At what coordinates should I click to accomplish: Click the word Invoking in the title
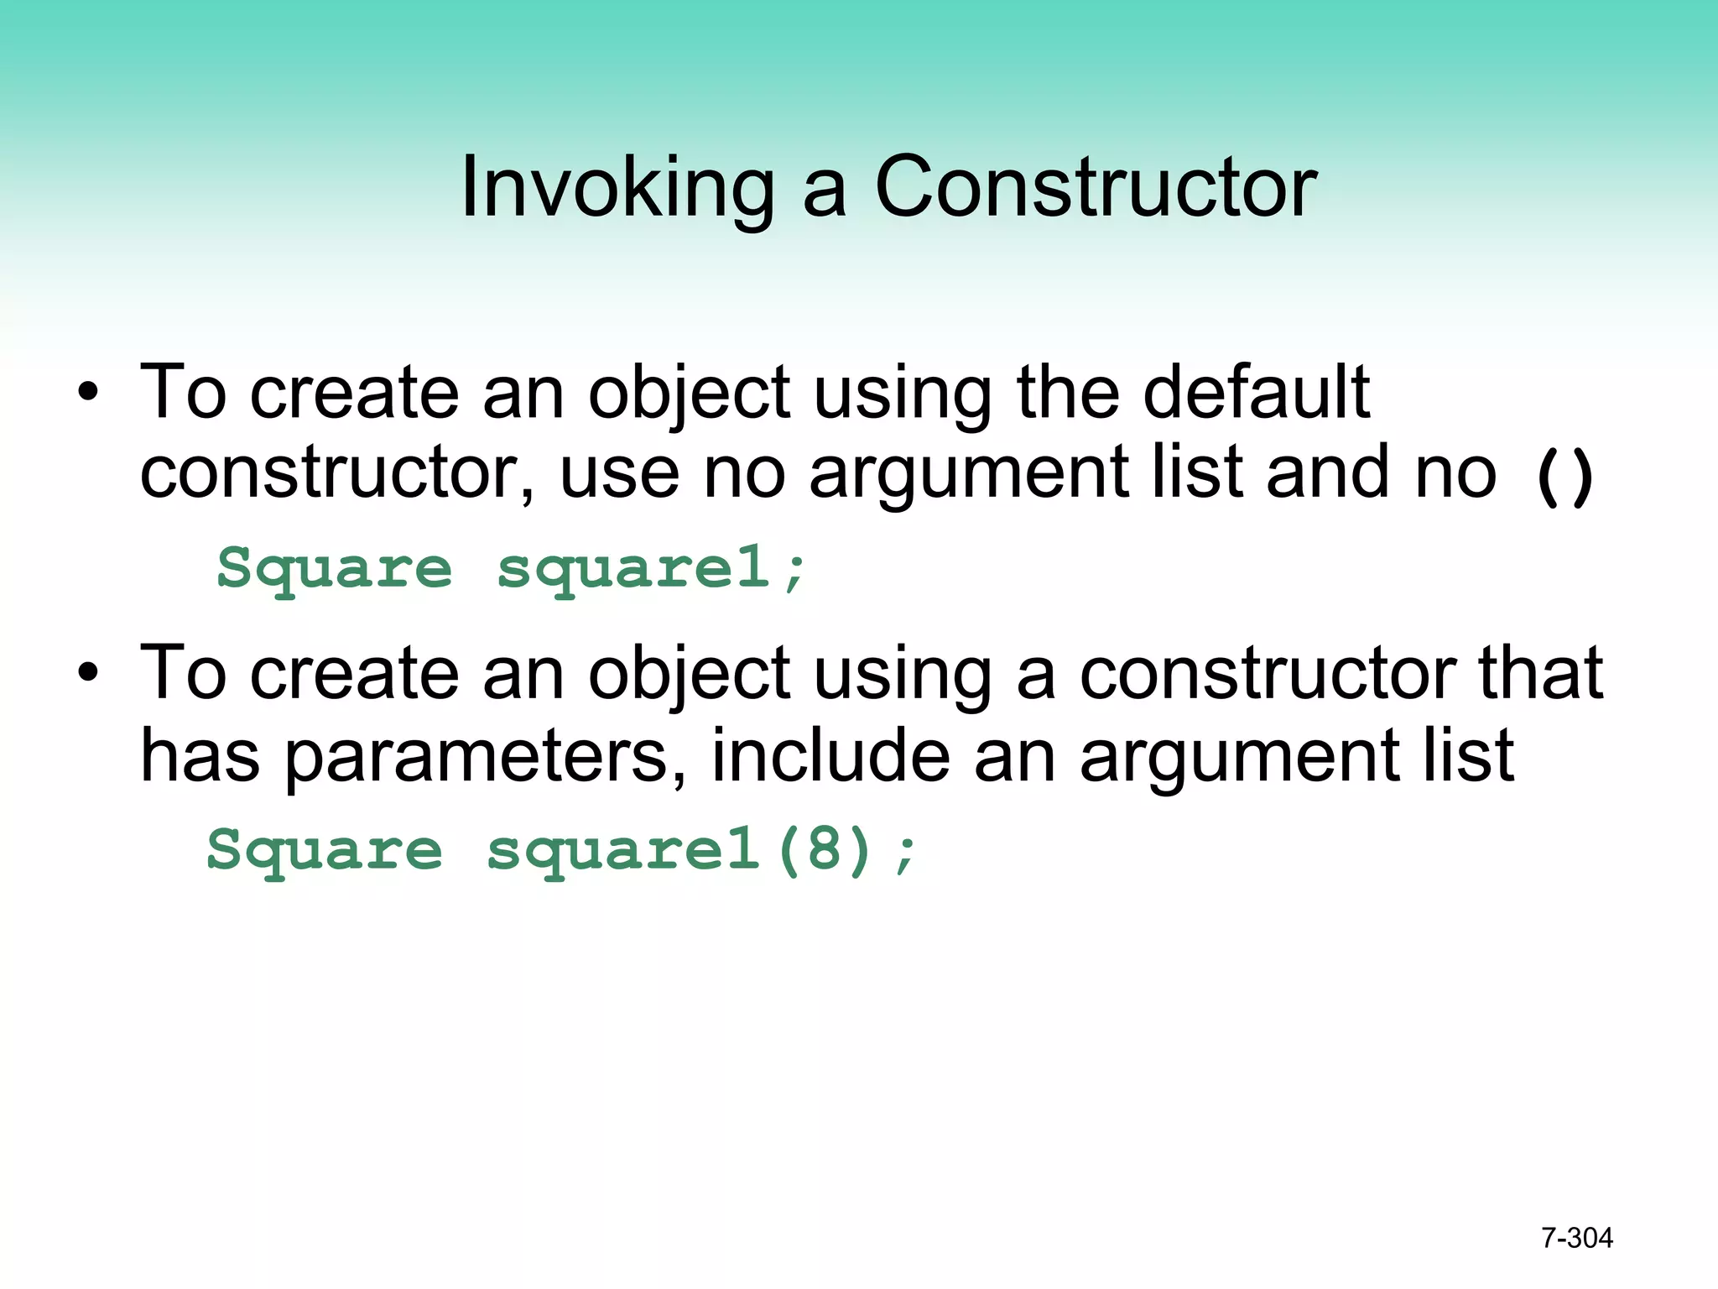617,189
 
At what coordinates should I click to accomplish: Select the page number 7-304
1576,1238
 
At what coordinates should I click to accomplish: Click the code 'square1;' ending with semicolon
652,568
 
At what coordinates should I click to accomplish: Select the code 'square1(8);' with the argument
702,850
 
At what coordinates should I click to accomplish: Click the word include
830,754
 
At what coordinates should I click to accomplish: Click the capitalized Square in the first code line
335,568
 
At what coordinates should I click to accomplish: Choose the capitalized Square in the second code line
325,850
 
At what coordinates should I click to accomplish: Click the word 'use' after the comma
619,474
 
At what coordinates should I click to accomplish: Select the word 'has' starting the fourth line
200,754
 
